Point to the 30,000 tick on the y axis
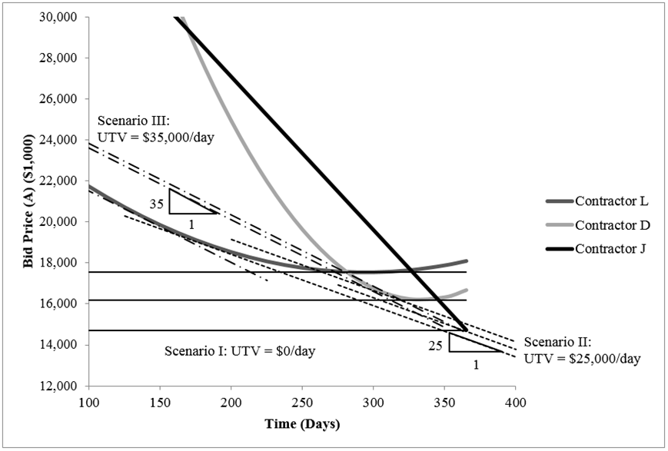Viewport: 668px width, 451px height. (x=64, y=18)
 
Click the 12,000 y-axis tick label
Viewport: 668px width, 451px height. (x=64, y=386)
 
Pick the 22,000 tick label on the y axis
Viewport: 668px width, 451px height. (x=64, y=181)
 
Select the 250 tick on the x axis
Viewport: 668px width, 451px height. (x=302, y=402)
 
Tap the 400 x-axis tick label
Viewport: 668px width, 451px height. (x=515, y=402)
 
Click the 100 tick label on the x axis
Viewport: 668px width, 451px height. (x=89, y=402)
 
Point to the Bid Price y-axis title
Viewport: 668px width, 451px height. (x=29, y=201)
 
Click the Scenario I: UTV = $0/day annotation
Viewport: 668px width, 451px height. (x=240, y=351)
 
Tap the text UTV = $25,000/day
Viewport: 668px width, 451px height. (x=583, y=358)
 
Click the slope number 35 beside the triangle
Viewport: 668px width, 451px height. (x=157, y=205)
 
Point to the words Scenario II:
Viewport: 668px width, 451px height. (x=557, y=342)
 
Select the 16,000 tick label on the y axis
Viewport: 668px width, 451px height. (x=64, y=304)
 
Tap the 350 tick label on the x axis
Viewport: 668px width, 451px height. (x=444, y=402)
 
